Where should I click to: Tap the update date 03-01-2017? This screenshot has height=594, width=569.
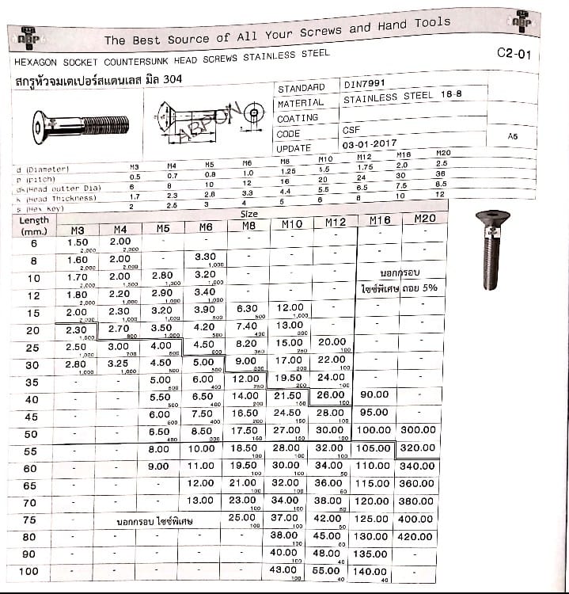click(x=370, y=146)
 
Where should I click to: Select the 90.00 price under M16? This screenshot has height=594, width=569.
click(x=374, y=394)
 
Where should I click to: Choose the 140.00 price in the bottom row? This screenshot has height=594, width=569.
click(x=371, y=570)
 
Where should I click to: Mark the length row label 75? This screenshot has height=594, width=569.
click(x=30, y=520)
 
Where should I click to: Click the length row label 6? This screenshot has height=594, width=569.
click(x=33, y=244)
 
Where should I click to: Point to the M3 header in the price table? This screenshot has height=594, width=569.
click(x=77, y=230)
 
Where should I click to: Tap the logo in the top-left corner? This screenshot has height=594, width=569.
click(x=28, y=35)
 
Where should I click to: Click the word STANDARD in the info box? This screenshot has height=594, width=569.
click(x=301, y=88)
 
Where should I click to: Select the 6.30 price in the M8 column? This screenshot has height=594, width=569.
click(x=247, y=309)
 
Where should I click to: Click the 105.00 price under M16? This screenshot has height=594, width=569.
click(x=372, y=447)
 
